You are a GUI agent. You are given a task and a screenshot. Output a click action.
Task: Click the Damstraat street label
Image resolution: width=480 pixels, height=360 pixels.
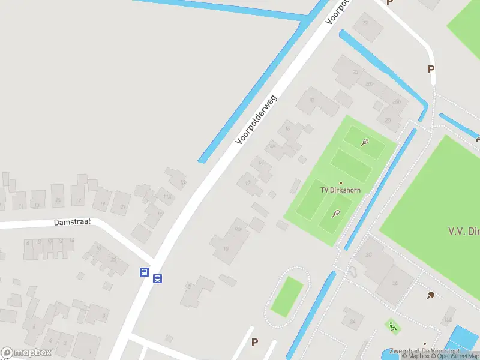point(72,221)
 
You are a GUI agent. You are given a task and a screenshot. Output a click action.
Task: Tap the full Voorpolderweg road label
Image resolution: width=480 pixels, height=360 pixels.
point(257,120)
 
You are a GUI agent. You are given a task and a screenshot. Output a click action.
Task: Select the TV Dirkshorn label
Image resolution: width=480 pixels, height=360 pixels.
point(340,190)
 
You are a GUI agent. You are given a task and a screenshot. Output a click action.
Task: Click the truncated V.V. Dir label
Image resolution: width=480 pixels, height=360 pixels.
point(464,231)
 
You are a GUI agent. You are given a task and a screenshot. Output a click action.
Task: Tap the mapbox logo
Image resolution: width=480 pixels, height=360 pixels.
point(26,353)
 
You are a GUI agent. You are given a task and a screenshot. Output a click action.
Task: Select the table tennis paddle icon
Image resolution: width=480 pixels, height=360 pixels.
point(431,295)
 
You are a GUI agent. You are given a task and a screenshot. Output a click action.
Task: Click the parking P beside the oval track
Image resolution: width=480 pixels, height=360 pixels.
point(254,343)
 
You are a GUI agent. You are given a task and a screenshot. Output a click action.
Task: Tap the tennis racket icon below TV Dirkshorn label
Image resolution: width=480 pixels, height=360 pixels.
point(335,213)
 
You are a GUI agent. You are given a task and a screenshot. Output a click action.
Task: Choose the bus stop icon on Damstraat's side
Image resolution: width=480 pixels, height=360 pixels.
point(145,272)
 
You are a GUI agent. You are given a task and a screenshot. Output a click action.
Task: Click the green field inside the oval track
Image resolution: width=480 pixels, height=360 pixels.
point(287,297)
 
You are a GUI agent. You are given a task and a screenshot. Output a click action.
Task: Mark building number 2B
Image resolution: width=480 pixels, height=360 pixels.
point(395,283)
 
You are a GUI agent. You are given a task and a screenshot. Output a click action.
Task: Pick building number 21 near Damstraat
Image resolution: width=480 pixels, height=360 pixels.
point(124,207)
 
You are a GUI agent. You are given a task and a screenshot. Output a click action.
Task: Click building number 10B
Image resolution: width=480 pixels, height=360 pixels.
point(238,229)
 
